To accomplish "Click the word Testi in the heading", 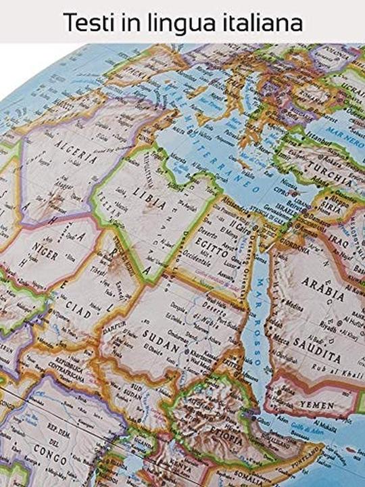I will tap(85, 22).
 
